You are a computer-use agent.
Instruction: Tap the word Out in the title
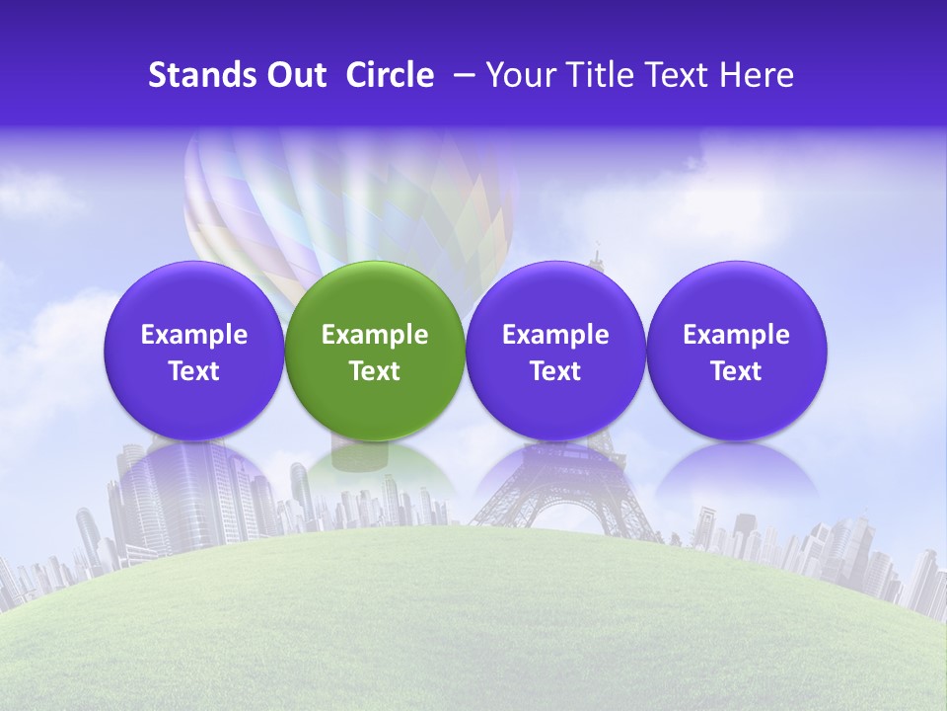[293, 75]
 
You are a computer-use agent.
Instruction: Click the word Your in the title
[517, 76]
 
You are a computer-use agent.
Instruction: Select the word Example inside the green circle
[374, 335]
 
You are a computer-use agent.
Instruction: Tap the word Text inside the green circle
[374, 371]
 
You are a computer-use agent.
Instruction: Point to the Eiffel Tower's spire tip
[596, 246]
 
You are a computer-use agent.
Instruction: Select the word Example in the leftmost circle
[193, 335]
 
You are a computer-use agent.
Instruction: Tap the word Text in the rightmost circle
[736, 371]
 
